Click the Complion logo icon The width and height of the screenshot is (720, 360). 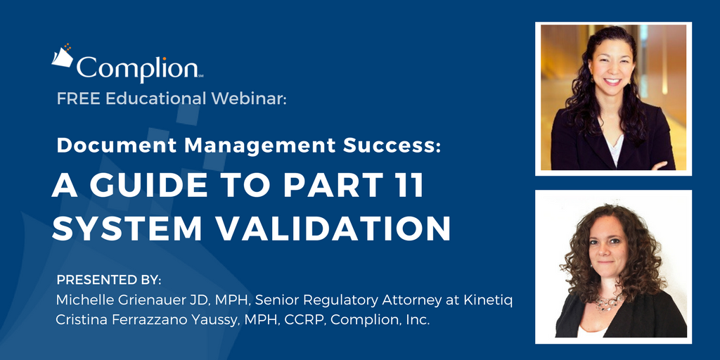pos(63,56)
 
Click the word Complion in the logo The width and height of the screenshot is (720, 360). pos(136,68)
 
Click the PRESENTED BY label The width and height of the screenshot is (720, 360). pos(109,280)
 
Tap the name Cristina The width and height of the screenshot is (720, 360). pos(81,320)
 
